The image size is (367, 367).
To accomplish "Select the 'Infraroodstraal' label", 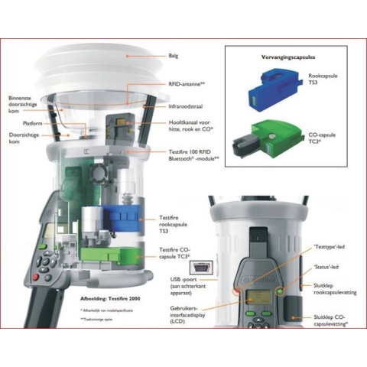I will coord(187,108).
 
